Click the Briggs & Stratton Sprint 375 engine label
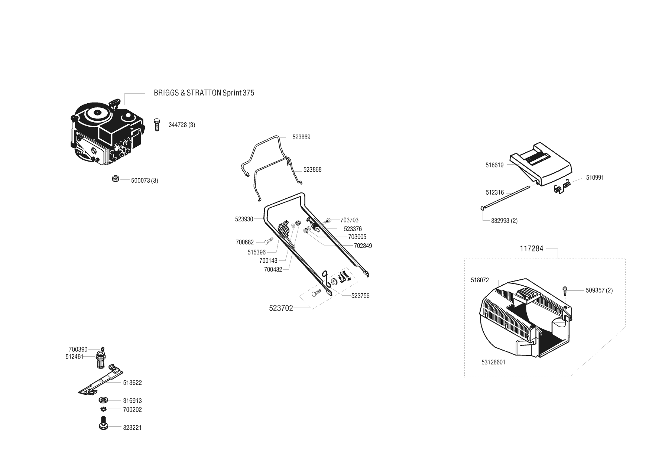click(204, 93)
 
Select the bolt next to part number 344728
click(157, 125)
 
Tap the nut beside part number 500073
click(115, 179)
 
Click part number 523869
click(301, 137)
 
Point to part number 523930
click(244, 219)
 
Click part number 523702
click(281, 308)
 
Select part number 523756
click(360, 296)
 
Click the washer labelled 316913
click(103, 400)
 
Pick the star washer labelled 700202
click(104, 409)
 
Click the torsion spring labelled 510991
click(561, 186)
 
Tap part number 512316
click(495, 192)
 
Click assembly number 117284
click(531, 249)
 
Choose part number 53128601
click(493, 362)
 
